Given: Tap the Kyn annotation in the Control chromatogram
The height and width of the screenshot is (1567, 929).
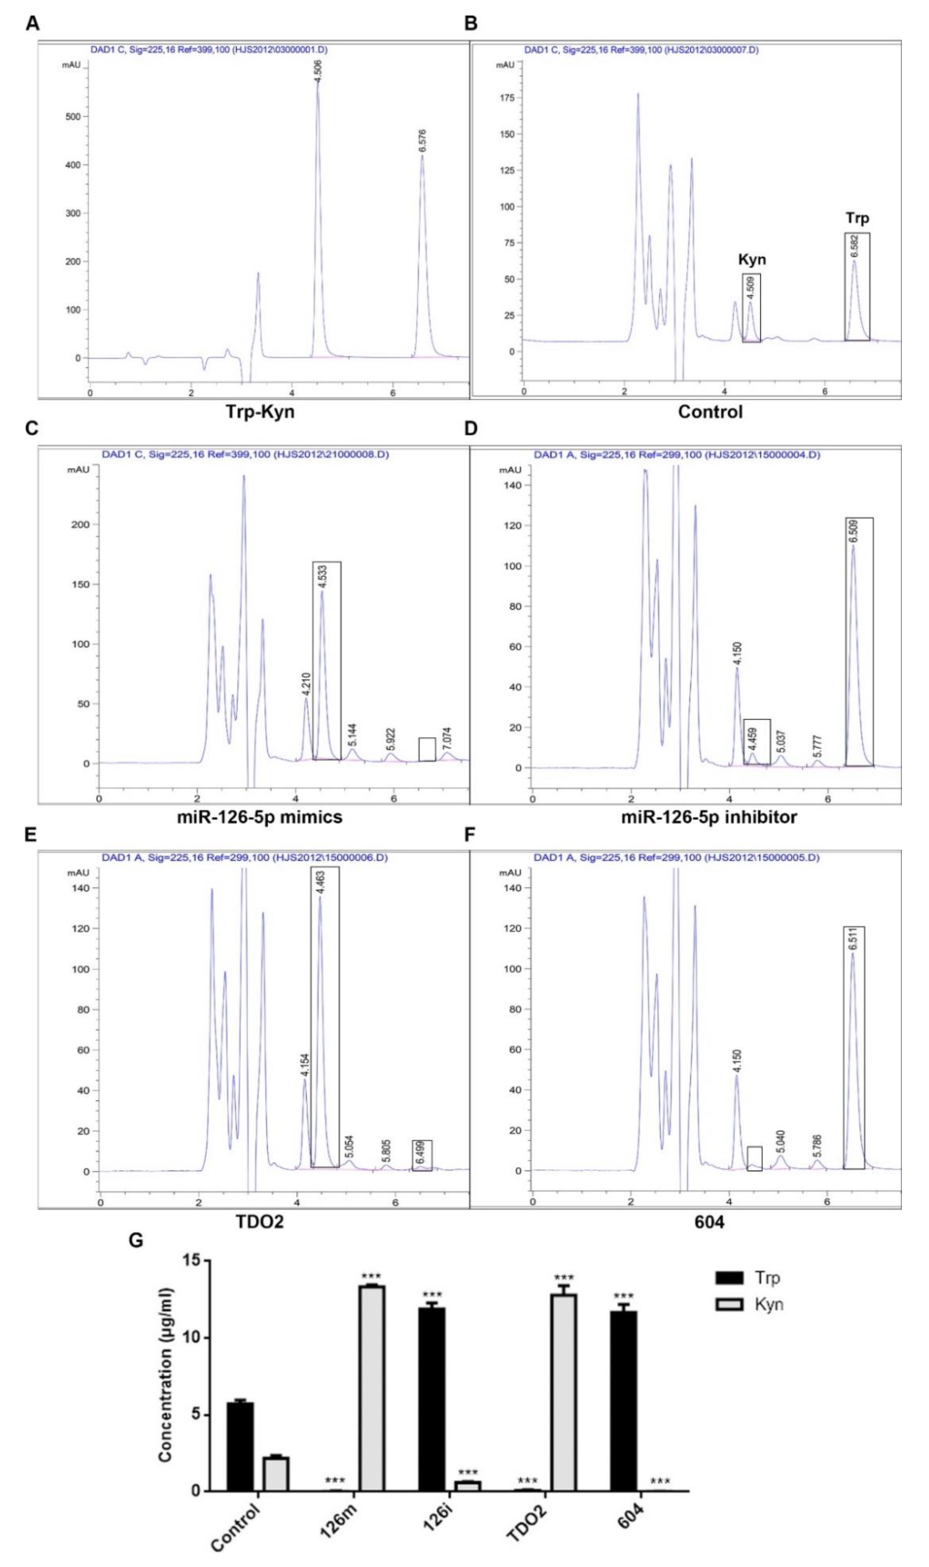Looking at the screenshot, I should click(751, 259).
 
